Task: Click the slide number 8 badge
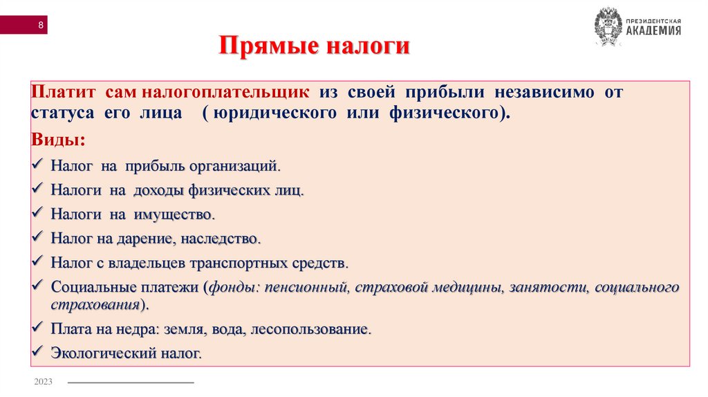[41, 26]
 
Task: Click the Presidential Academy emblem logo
[608, 26]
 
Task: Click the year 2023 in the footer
[42, 382]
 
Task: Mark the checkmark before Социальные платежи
[38, 287]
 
